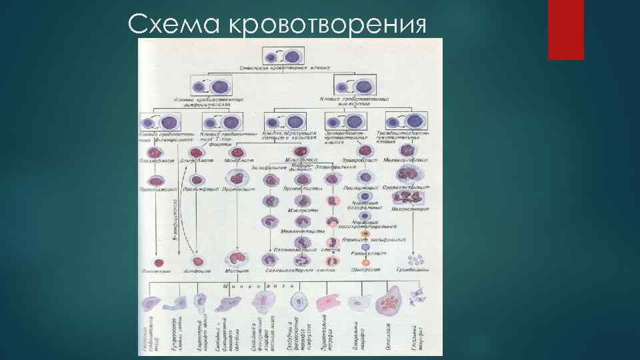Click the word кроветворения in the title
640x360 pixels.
327,25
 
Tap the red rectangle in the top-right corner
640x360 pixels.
565,30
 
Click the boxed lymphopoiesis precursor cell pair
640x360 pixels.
210,87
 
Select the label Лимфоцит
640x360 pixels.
197,271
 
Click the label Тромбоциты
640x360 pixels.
415,271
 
